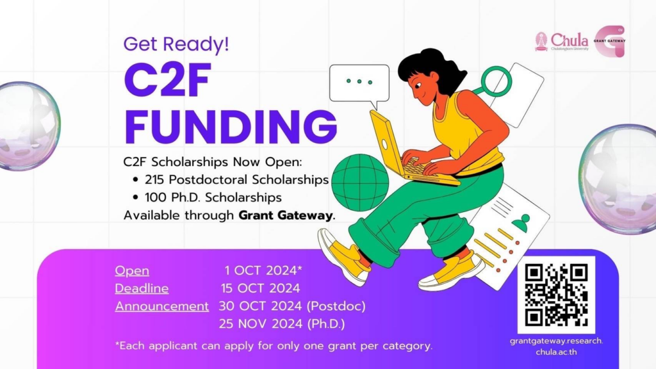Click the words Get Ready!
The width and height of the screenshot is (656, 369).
[x=176, y=44]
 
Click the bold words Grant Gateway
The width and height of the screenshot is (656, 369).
[x=286, y=215]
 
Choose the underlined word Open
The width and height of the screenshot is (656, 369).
[x=132, y=271]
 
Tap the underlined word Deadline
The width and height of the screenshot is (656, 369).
[x=142, y=289]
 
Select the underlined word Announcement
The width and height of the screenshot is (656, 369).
[x=162, y=306]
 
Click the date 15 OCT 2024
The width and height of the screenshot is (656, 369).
[x=260, y=288]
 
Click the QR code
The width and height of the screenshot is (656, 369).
[x=556, y=295]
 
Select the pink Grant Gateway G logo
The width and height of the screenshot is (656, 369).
[x=610, y=41]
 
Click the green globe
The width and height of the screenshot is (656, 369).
[x=360, y=183]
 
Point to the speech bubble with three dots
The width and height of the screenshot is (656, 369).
[x=359, y=85]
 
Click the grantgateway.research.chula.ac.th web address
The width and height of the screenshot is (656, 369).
[x=557, y=347]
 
